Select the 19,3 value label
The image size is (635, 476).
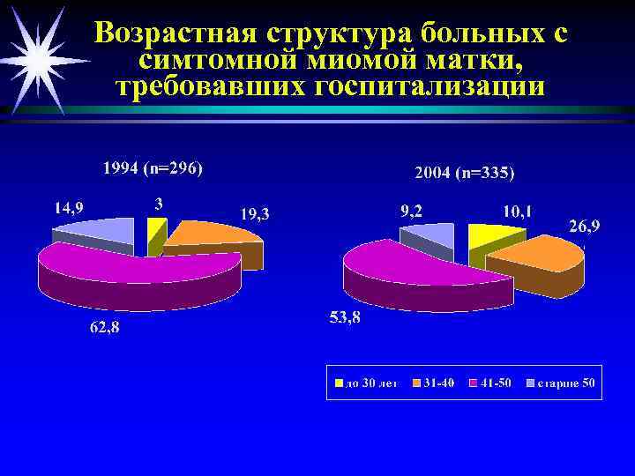tap(256, 213)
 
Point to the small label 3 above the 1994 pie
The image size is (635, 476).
tap(158, 203)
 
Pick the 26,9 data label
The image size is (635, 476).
tap(585, 227)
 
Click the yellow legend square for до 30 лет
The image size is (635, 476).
tap(338, 383)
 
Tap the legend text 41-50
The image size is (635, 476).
tap(493, 383)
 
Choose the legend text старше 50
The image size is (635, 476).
tap(565, 383)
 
